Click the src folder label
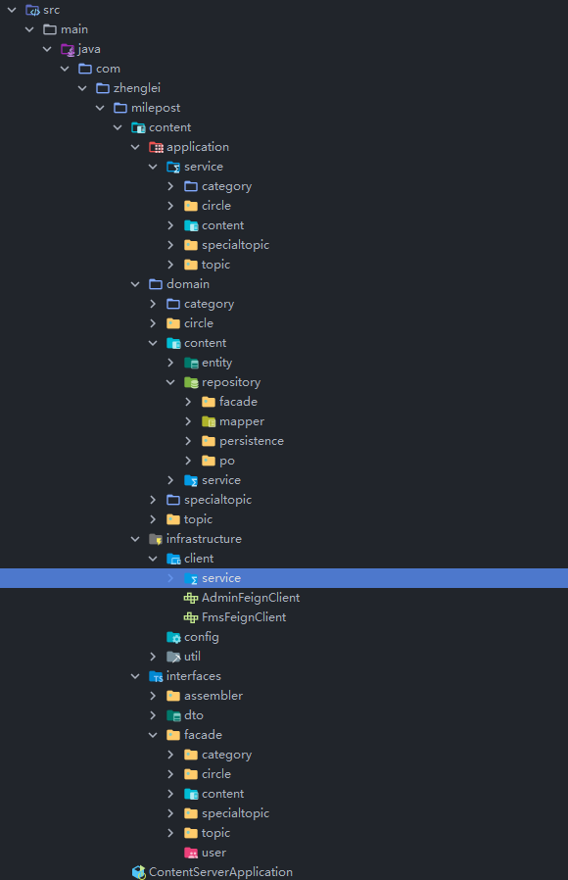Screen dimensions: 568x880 tap(52, 10)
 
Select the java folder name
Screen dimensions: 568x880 tap(89, 49)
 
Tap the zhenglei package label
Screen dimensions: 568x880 tap(137, 88)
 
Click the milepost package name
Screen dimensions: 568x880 tap(156, 108)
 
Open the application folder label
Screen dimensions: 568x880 tap(198, 147)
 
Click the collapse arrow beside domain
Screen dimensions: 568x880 tap(135, 284)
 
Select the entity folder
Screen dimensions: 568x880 tap(216, 363)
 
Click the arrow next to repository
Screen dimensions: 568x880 tap(170, 382)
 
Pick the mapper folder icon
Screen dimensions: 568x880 tap(209, 421)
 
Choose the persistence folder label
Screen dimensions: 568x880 tap(252, 441)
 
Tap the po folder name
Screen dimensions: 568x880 tap(226, 461)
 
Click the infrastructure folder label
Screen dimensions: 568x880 tap(204, 539)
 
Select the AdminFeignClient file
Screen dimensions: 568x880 tap(250, 598)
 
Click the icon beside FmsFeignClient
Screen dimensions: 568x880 tap(191, 617)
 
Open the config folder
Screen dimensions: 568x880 tap(202, 637)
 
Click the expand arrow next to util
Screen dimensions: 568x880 tap(153, 657)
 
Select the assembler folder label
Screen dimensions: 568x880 tap(213, 696)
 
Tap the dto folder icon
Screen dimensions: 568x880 tap(173, 715)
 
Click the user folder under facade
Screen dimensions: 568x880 tap(213, 853)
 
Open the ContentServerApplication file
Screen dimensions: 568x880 tap(220, 872)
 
